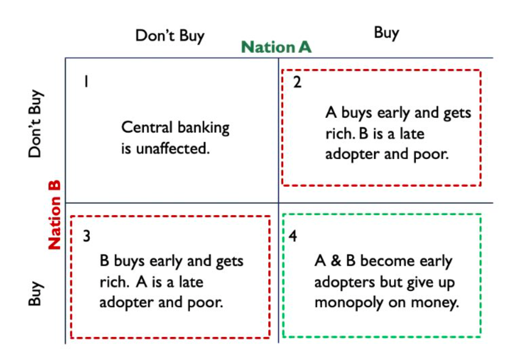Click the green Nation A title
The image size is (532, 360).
click(x=276, y=47)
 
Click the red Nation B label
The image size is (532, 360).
click(x=54, y=215)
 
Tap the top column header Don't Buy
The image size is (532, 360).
click(x=170, y=36)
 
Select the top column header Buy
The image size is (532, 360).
click(x=386, y=33)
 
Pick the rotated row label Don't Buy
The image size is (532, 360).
click(x=36, y=123)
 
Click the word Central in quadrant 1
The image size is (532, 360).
click(x=143, y=128)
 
